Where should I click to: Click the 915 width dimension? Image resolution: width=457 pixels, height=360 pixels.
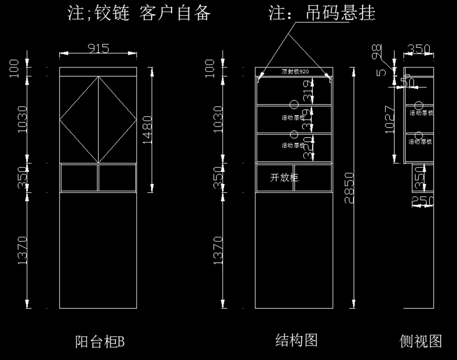pos(98,48)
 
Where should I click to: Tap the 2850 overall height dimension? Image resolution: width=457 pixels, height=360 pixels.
pos(349,188)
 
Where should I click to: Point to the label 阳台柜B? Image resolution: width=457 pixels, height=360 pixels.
pos(100,341)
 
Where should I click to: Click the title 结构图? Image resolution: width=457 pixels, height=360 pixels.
pos(296,340)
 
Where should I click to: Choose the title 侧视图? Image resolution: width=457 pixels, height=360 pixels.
pos(420,341)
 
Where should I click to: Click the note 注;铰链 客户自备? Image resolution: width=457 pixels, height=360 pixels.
pos(139,13)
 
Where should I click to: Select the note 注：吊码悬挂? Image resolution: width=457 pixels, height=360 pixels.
pos(322,13)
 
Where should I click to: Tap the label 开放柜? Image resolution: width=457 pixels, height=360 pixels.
pos(284,178)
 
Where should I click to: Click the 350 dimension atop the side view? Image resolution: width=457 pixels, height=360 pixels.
pos(419,49)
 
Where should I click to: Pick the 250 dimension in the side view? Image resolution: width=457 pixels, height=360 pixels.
pos(423,200)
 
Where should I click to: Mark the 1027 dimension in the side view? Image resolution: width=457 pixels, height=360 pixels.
pos(389,119)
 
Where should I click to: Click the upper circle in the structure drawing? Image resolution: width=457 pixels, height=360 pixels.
pos(294,104)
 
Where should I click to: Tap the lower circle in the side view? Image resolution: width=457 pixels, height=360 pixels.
pos(419,135)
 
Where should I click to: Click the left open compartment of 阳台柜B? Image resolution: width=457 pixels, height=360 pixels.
pos(79,177)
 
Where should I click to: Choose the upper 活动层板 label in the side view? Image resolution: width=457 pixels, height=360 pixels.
pos(421,113)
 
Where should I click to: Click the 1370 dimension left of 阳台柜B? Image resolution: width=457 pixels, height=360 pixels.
pos(22,250)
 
